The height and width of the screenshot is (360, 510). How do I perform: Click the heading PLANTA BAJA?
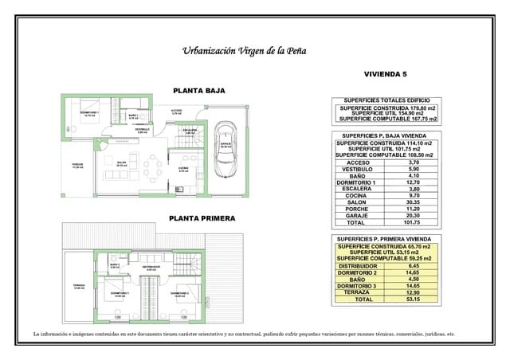click(x=198, y=91)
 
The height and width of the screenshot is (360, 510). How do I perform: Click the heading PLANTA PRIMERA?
click(x=199, y=217)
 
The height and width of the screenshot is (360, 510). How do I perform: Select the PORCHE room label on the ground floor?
click(x=77, y=165)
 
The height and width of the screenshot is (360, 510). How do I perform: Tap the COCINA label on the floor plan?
click(x=183, y=168)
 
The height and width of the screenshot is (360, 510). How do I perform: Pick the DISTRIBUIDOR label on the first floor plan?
click(x=151, y=267)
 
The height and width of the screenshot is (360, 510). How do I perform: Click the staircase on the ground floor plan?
click(x=190, y=137)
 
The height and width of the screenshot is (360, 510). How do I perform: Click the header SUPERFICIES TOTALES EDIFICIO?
click(x=386, y=100)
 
